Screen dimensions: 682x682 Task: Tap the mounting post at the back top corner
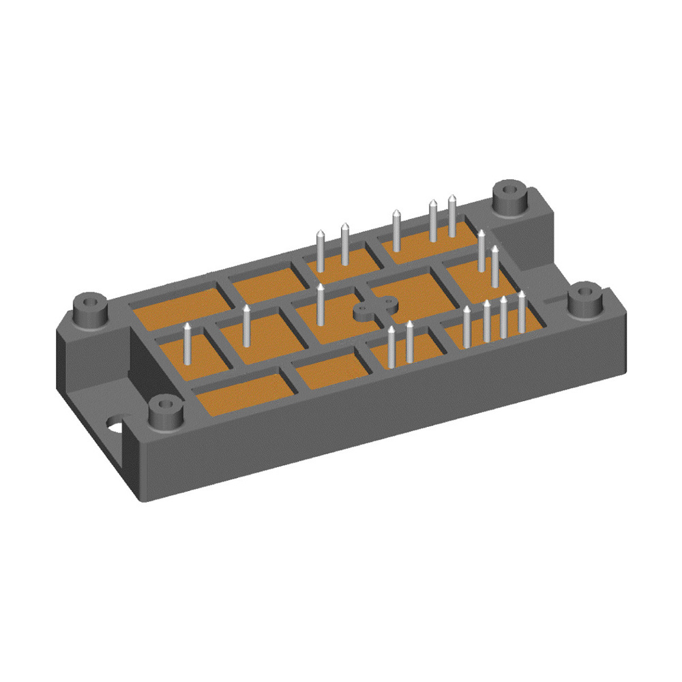coord(509,195)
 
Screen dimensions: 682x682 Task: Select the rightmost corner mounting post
coord(584,299)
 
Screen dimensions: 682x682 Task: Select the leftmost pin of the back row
coord(321,252)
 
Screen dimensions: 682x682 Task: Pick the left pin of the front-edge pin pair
coord(391,348)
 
